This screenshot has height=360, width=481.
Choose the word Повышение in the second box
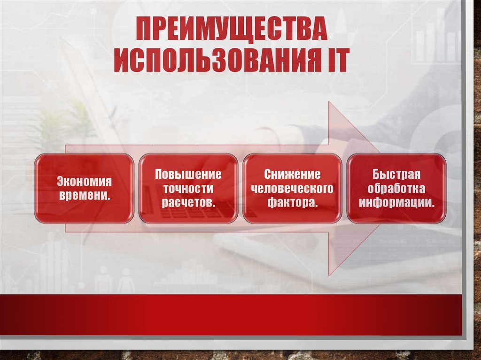click(188, 174)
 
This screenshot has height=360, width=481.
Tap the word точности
click(188, 189)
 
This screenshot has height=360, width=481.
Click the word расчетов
click(187, 203)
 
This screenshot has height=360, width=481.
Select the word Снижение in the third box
click(292, 174)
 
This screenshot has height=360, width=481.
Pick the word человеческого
click(292, 189)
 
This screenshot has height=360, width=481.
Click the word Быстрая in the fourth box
click(396, 174)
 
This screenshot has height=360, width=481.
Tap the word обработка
click(396, 189)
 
